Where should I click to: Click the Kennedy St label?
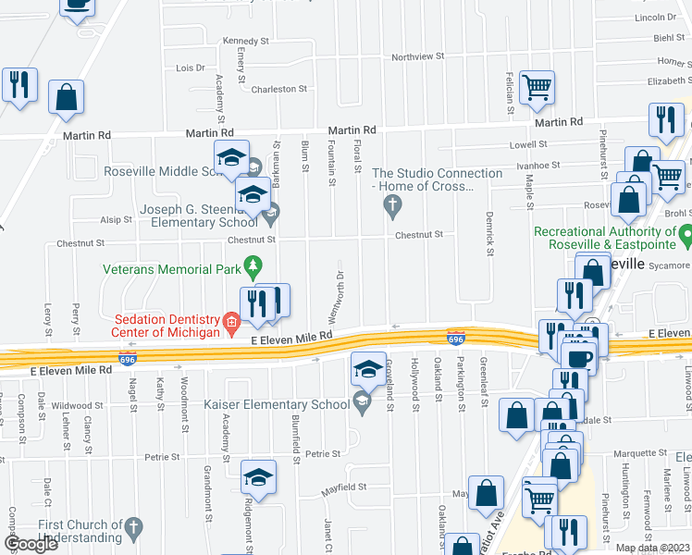point(245,42)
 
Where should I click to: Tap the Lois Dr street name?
point(190,68)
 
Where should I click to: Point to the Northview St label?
point(417,56)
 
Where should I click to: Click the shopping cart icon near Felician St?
point(537,88)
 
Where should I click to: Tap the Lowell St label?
point(529,145)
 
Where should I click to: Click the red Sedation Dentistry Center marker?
point(231,322)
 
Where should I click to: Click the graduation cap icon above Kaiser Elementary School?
point(368,369)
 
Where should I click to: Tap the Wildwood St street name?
point(77,405)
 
